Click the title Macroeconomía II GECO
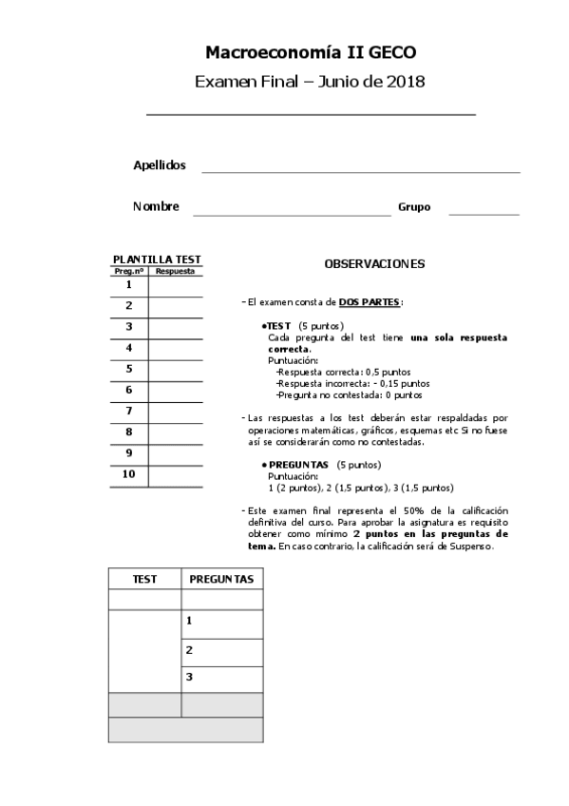click(311, 53)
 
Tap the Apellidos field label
click(159, 165)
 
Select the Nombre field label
click(157, 206)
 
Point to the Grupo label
click(414, 206)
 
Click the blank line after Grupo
click(484, 213)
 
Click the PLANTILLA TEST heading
click(157, 259)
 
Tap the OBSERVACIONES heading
click(374, 263)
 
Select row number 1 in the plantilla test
click(128, 284)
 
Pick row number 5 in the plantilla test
click(128, 369)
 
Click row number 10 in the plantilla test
click(128, 474)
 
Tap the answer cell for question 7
click(176, 411)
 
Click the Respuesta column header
click(175, 271)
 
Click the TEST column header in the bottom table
click(144, 578)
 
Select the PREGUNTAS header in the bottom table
click(221, 578)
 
